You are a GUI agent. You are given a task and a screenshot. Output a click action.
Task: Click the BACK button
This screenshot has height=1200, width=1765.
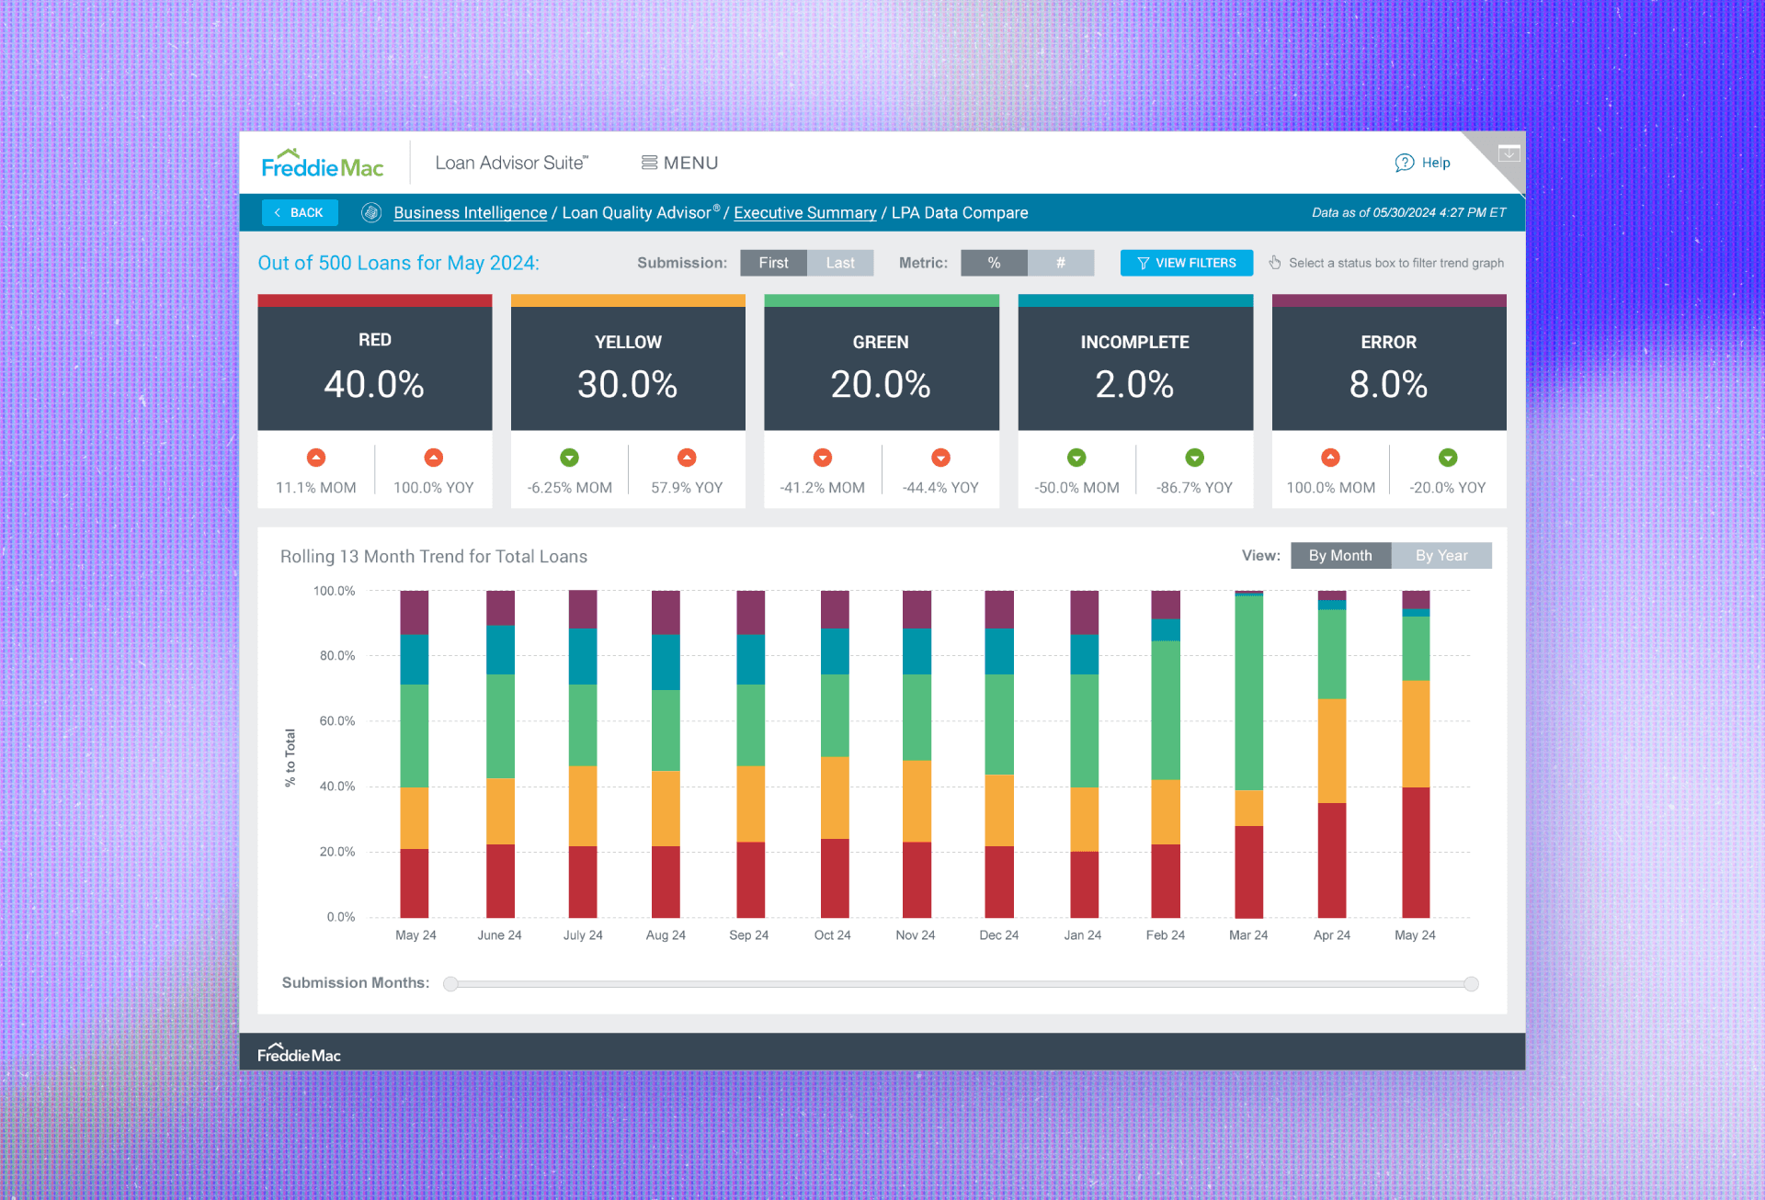coord(300,212)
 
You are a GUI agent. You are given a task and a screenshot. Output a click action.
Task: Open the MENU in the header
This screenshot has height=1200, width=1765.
coord(679,163)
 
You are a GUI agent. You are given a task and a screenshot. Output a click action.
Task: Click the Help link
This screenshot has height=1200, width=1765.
coord(1423,163)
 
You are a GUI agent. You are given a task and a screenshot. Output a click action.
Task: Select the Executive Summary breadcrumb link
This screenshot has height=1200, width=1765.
coord(804,212)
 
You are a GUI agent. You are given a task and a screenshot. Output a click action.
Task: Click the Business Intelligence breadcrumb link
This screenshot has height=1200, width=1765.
coord(470,212)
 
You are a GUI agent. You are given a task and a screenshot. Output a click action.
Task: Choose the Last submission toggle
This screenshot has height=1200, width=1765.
coord(839,263)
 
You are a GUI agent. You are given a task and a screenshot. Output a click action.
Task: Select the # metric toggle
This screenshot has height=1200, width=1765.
coord(1060,263)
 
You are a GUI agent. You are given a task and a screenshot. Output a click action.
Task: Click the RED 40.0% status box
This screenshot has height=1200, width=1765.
coord(374,368)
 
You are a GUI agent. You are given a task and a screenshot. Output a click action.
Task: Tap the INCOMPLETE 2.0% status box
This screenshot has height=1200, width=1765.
coord(1134,368)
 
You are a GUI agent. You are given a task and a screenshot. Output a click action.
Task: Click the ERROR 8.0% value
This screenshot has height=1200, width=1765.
coord(1388,384)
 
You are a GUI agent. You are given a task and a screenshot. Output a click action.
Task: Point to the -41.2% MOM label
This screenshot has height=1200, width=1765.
coord(822,488)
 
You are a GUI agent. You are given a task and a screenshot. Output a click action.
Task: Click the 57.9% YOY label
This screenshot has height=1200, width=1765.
coord(687,488)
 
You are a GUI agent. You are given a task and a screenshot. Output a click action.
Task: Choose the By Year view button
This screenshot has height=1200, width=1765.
coord(1440,555)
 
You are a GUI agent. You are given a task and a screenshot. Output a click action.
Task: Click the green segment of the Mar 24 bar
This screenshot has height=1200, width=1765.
coord(1248,694)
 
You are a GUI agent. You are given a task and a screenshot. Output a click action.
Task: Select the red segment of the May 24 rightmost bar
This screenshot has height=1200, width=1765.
coord(1415,852)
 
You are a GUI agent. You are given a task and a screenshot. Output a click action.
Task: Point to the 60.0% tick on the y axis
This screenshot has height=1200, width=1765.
coord(336,721)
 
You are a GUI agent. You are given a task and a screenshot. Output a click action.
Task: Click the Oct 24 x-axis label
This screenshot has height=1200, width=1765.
coord(832,934)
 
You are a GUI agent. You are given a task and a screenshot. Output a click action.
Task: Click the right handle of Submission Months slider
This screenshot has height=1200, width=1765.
coord(1471,984)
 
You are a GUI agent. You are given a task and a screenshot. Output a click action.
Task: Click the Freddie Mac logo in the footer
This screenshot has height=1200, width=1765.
coord(299,1053)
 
